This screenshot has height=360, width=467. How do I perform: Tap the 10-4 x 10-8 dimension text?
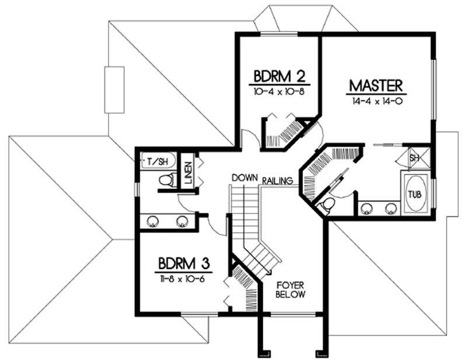click(280, 92)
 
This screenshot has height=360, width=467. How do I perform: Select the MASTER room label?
click(376, 86)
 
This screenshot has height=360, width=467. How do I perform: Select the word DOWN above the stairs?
click(245, 177)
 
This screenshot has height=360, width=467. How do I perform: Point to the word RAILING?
click(277, 181)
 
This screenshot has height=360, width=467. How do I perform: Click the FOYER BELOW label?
click(291, 290)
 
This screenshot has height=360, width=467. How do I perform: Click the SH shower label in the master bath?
click(414, 158)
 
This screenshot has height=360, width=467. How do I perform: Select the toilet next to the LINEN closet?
click(166, 180)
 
